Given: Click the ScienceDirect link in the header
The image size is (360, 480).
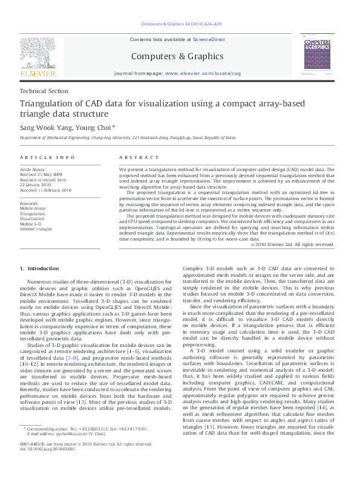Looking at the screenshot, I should pyautogui.click(x=209, y=39).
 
